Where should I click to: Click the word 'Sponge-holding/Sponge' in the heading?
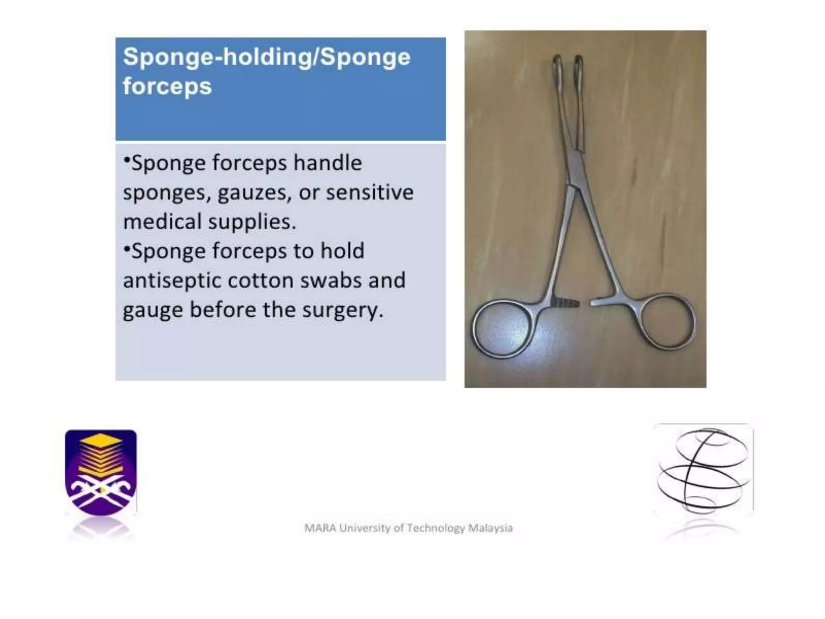267,57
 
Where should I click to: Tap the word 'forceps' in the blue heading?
167,87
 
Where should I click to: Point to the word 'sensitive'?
370,192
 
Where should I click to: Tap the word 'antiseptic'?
172,281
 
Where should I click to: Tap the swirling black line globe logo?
703,469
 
